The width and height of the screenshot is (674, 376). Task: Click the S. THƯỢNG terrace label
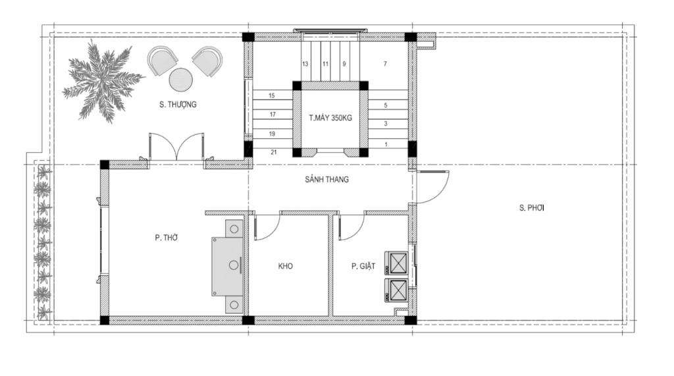178,105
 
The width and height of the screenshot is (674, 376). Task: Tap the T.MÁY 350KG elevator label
330,118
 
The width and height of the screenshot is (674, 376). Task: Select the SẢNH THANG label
326,179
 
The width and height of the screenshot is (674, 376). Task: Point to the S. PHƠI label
531,208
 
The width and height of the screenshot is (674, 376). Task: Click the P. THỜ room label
167,238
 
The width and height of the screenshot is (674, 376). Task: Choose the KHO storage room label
286,266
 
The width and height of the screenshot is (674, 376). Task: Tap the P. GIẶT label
363,266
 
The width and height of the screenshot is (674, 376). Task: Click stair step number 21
274,152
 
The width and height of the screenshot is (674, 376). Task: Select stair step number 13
305,64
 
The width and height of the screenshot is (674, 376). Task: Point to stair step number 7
385,64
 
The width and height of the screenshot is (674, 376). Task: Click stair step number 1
386,145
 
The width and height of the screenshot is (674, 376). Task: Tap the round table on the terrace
180,80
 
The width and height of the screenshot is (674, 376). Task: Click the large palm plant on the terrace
102,82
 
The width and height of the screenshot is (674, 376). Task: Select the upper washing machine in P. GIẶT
398,263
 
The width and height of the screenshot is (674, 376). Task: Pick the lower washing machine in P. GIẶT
398,291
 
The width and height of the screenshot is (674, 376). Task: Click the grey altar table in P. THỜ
227,266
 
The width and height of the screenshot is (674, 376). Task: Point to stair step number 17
272,115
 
